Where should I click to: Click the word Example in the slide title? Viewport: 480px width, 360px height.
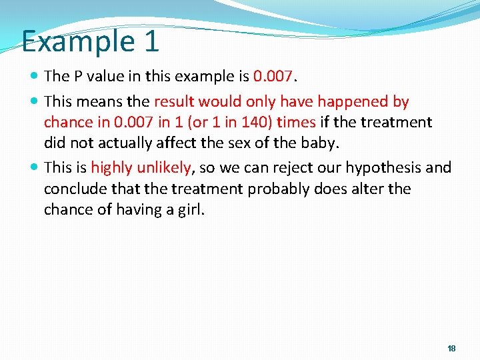(x=79, y=41)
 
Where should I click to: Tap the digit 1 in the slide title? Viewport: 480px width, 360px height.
(x=151, y=41)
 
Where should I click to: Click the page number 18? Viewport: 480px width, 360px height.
(x=451, y=349)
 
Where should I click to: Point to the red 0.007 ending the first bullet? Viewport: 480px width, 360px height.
(x=273, y=77)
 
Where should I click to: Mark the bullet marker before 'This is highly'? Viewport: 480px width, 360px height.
(x=35, y=168)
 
